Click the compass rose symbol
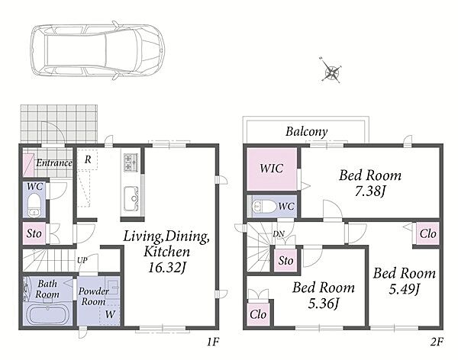pyautogui.click(x=332, y=71)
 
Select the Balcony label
pyautogui.click(x=306, y=132)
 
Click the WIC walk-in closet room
pyautogui.click(x=272, y=169)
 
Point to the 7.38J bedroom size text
pyautogui.click(x=370, y=192)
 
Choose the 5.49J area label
pyautogui.click(x=405, y=289)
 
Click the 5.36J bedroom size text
pyautogui.click(x=324, y=304)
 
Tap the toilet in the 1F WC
pyautogui.click(x=34, y=204)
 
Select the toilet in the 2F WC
pyautogui.click(x=264, y=206)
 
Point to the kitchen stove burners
pyautogui.click(x=131, y=162)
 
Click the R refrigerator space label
pyautogui.click(x=88, y=159)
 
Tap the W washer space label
pyautogui.click(x=110, y=314)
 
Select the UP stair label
pyautogui.click(x=82, y=260)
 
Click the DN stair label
pyautogui.click(x=279, y=233)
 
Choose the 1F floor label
pyautogui.click(x=213, y=342)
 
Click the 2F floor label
pyautogui.click(x=437, y=342)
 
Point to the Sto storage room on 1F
pyautogui.click(x=34, y=233)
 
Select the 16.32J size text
pyautogui.click(x=166, y=268)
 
